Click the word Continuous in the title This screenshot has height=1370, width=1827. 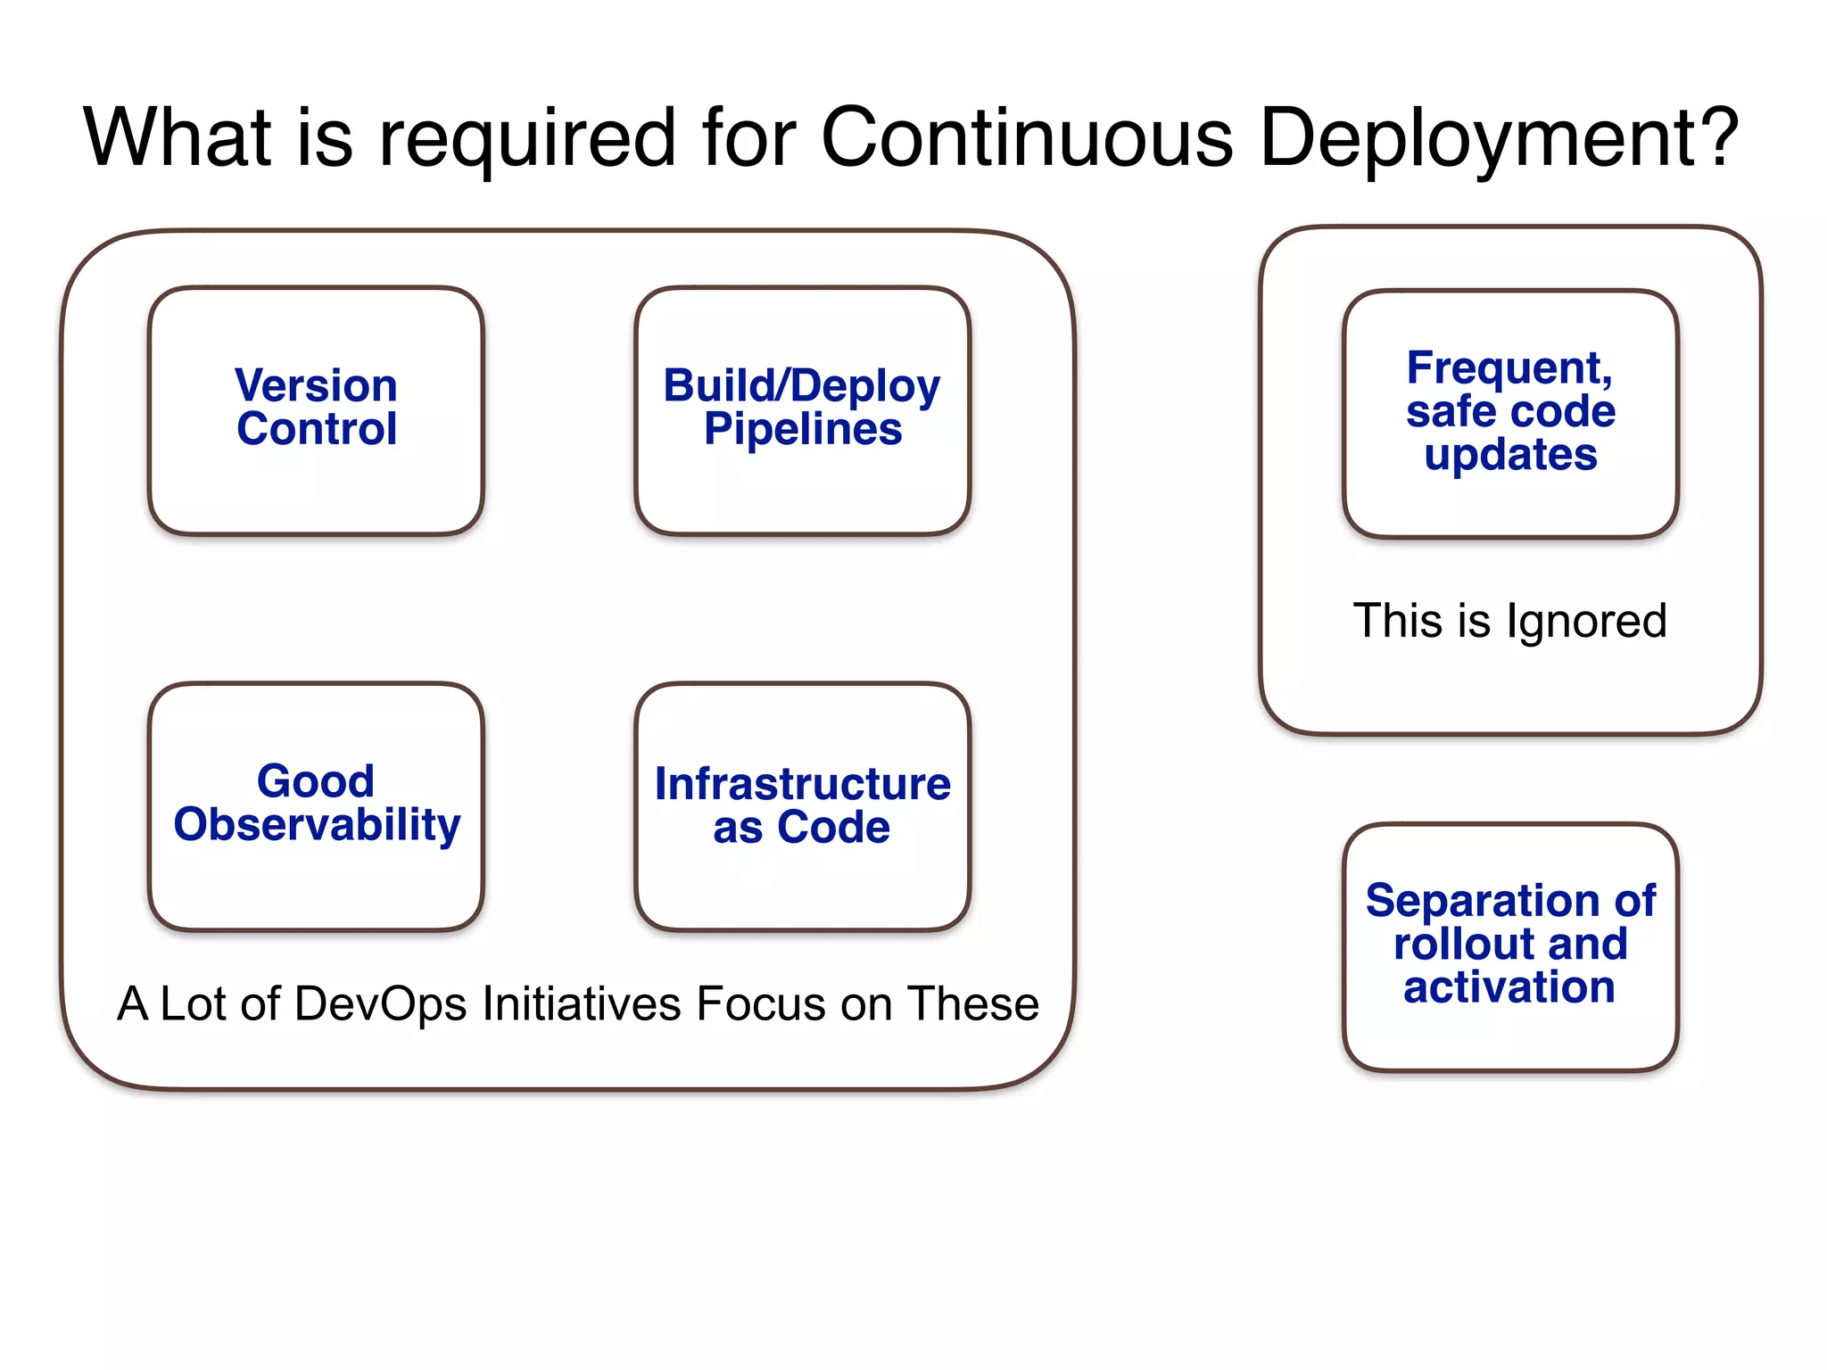pos(1027,138)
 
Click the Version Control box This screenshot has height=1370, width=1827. pos(316,411)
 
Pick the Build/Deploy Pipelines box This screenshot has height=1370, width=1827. pos(802,411)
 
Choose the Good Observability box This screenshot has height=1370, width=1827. pos(316,806)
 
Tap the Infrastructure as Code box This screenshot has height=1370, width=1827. pos(802,806)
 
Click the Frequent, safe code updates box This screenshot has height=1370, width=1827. pos(1510,414)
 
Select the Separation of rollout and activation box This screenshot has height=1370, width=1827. pos(1510,946)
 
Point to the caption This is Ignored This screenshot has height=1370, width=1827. pos(1509,621)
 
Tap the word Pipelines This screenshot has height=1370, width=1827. pos(802,430)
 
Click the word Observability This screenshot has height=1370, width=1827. pos(317,825)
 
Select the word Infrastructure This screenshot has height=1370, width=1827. pos(802,784)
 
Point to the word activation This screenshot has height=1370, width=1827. pos(1509,987)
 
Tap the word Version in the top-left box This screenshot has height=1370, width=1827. pos(316,386)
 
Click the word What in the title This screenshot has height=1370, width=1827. pos(178,138)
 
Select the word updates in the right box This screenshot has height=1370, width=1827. pos(1510,456)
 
